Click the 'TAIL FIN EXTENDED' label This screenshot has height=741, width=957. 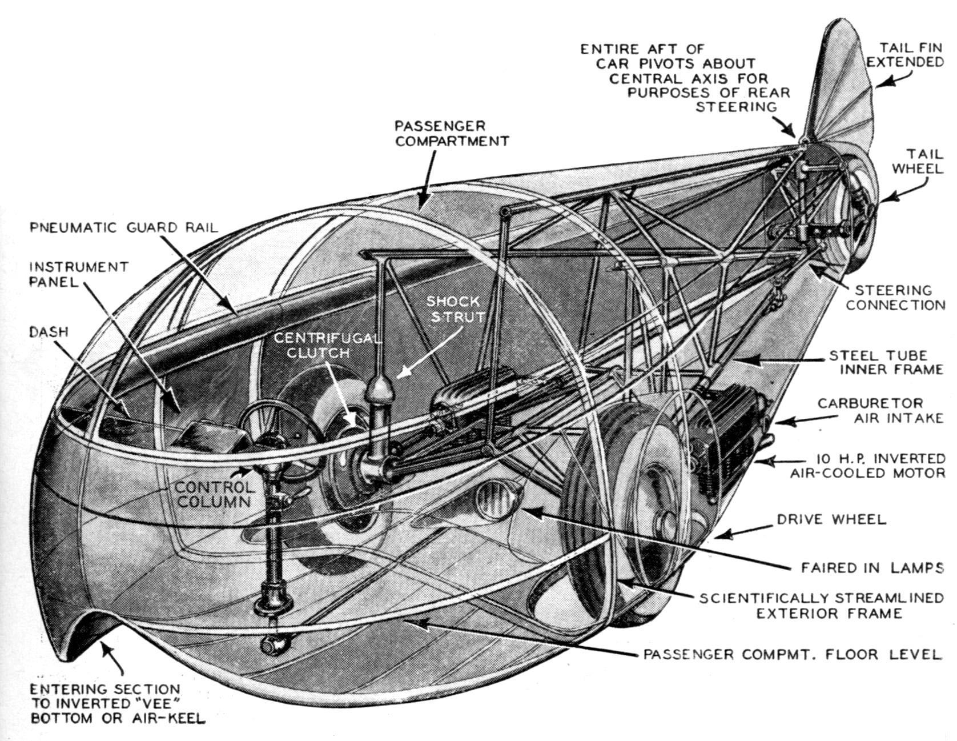tap(905, 55)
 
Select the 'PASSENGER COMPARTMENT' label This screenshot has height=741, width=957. tap(451, 133)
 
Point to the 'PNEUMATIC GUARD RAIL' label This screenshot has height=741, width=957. tap(123, 227)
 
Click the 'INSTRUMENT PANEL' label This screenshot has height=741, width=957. tap(79, 274)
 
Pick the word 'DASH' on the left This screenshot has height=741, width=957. tap(49, 331)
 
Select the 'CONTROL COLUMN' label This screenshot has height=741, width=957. tap(214, 494)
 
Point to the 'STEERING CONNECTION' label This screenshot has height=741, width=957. tap(895, 297)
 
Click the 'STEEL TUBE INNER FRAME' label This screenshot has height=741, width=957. tap(886, 362)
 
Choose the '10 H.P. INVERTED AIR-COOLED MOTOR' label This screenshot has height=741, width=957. tap(867, 466)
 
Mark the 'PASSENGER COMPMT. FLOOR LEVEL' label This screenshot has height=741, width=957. tap(793, 654)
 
